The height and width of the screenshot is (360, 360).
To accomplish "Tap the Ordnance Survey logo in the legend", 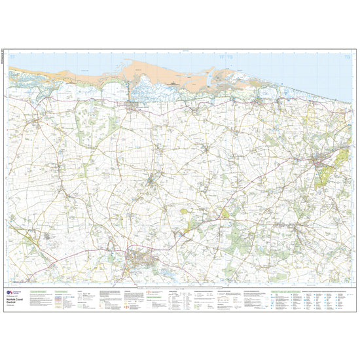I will (x=9, y=292).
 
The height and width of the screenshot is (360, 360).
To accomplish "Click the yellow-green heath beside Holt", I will (x=340, y=157).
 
